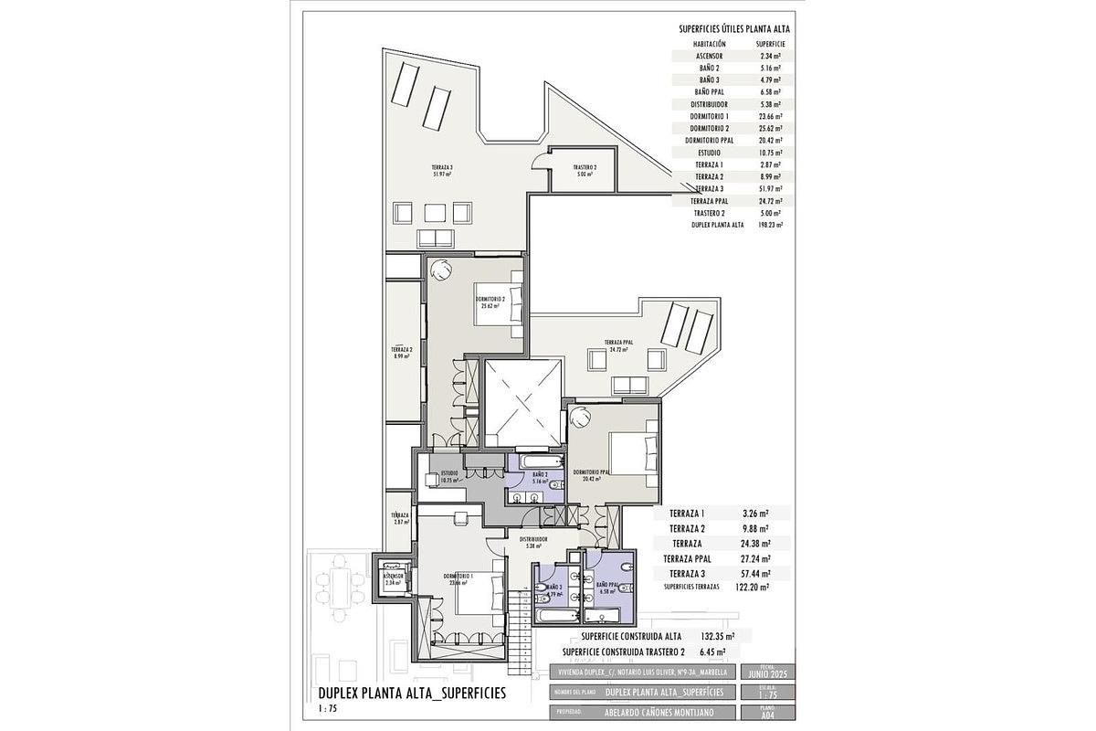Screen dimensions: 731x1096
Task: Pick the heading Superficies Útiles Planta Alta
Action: click(734, 29)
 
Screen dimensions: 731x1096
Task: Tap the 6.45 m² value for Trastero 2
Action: click(712, 652)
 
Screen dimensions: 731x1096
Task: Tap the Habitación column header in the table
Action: click(710, 44)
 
